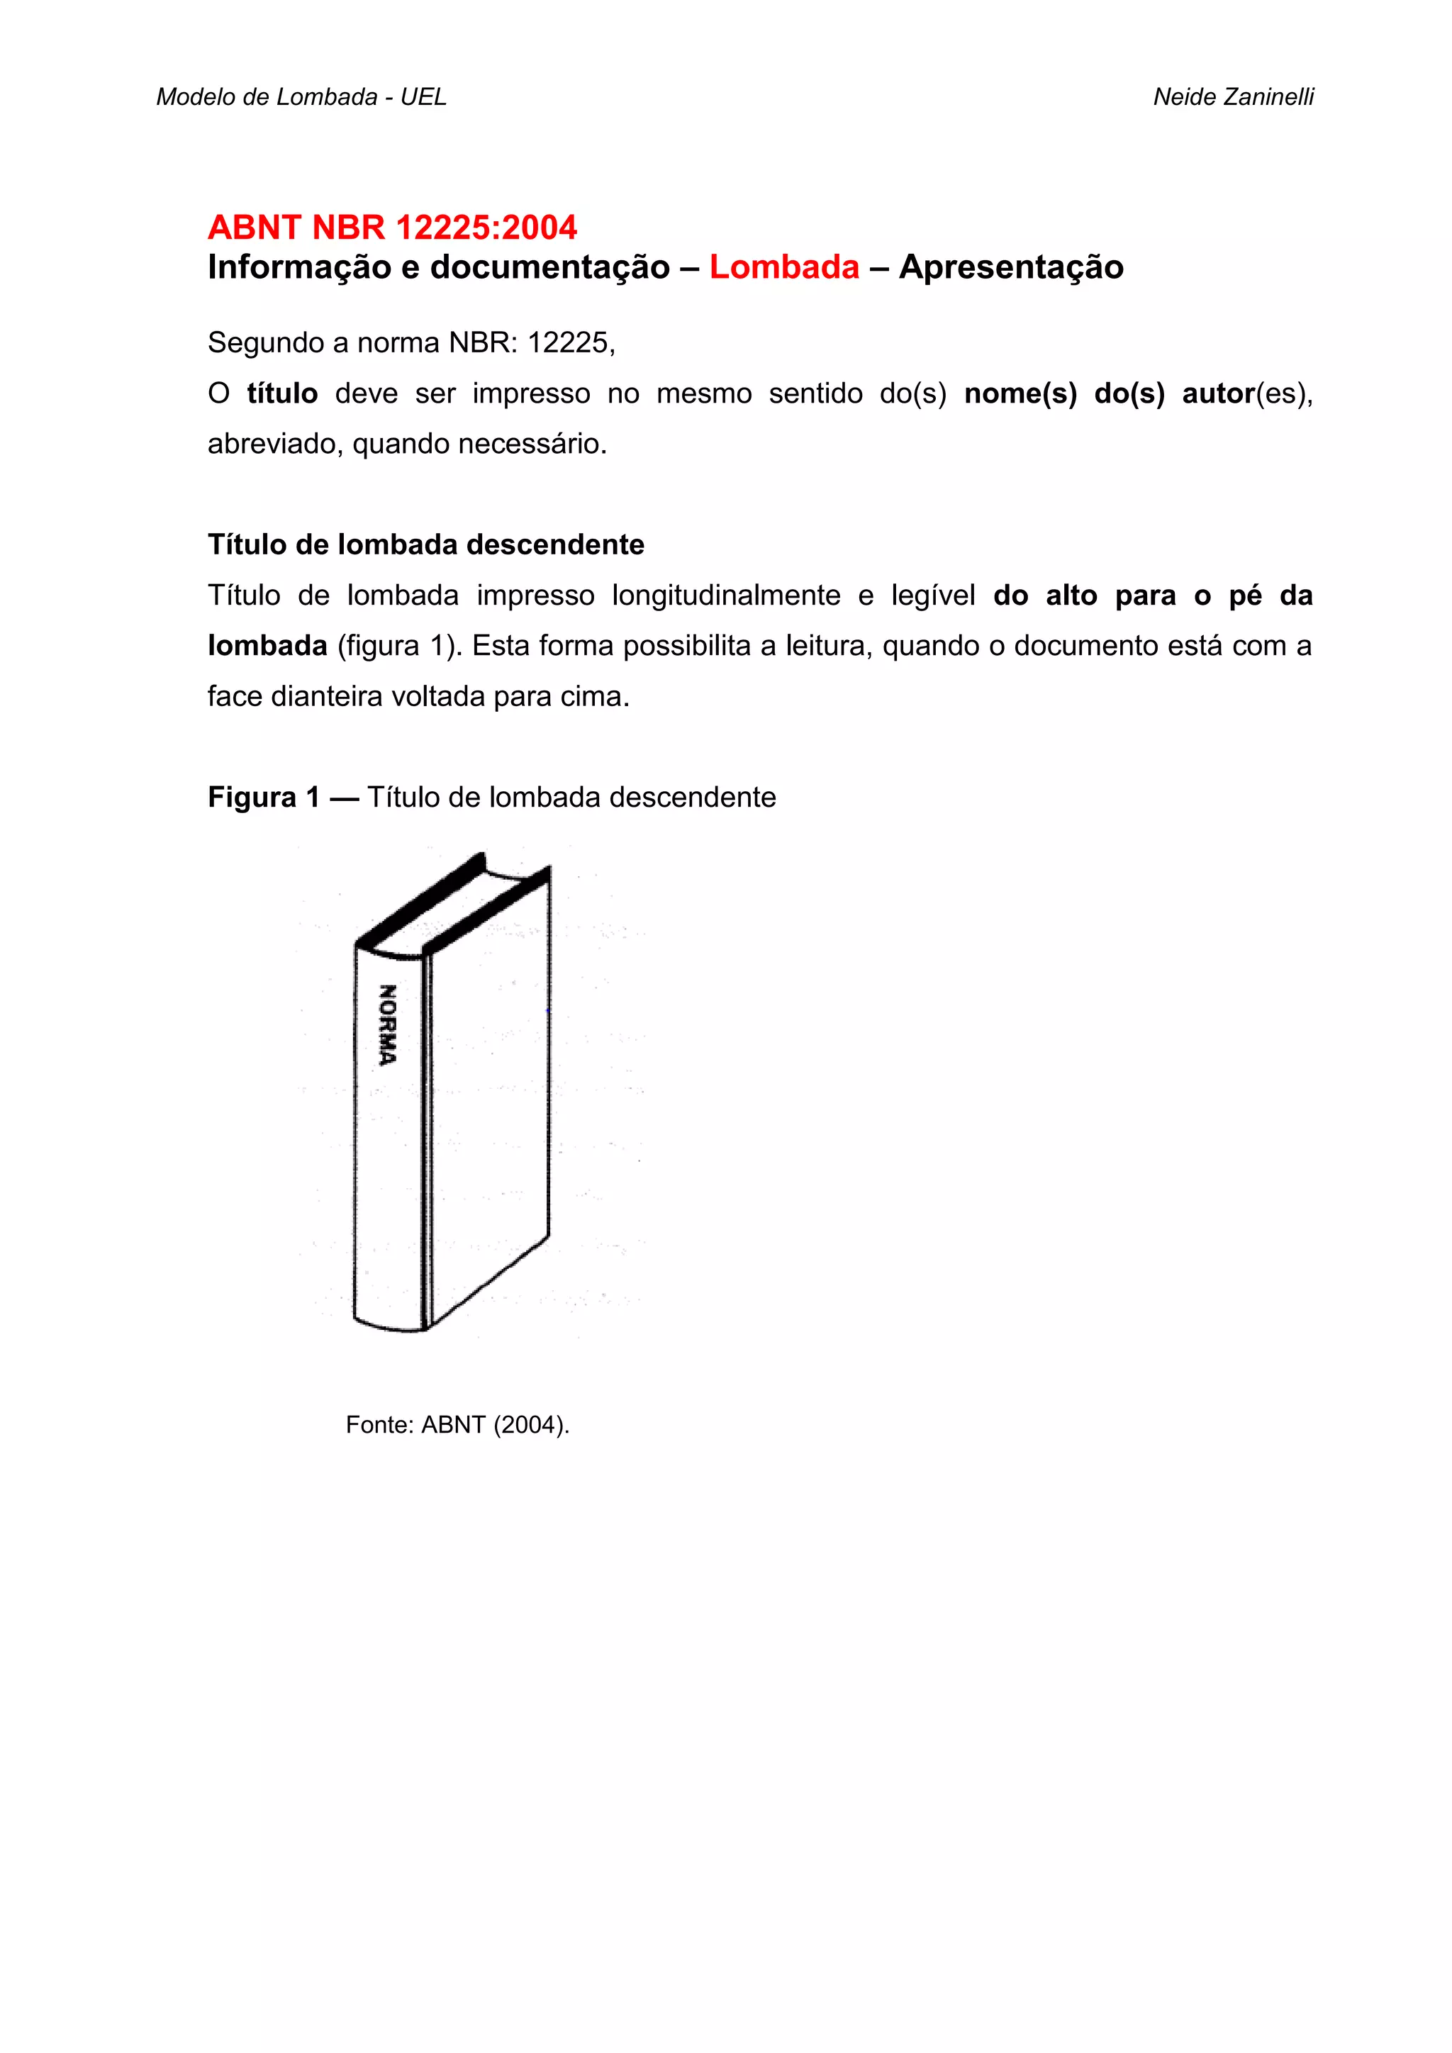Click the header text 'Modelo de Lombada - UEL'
tap(301, 96)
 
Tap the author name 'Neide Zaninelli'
tap(1233, 96)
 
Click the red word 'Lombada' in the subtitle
tap(783, 267)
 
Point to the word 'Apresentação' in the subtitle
tap(1011, 267)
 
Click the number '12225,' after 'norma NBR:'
tap(571, 342)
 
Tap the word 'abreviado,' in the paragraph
tap(277, 444)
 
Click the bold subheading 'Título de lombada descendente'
tap(425, 544)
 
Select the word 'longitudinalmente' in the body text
tap(725, 595)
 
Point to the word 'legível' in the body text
tap(932, 595)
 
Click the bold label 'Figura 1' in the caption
tap(263, 797)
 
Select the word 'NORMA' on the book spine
tap(388, 1024)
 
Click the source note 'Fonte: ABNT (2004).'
tap(457, 1424)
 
